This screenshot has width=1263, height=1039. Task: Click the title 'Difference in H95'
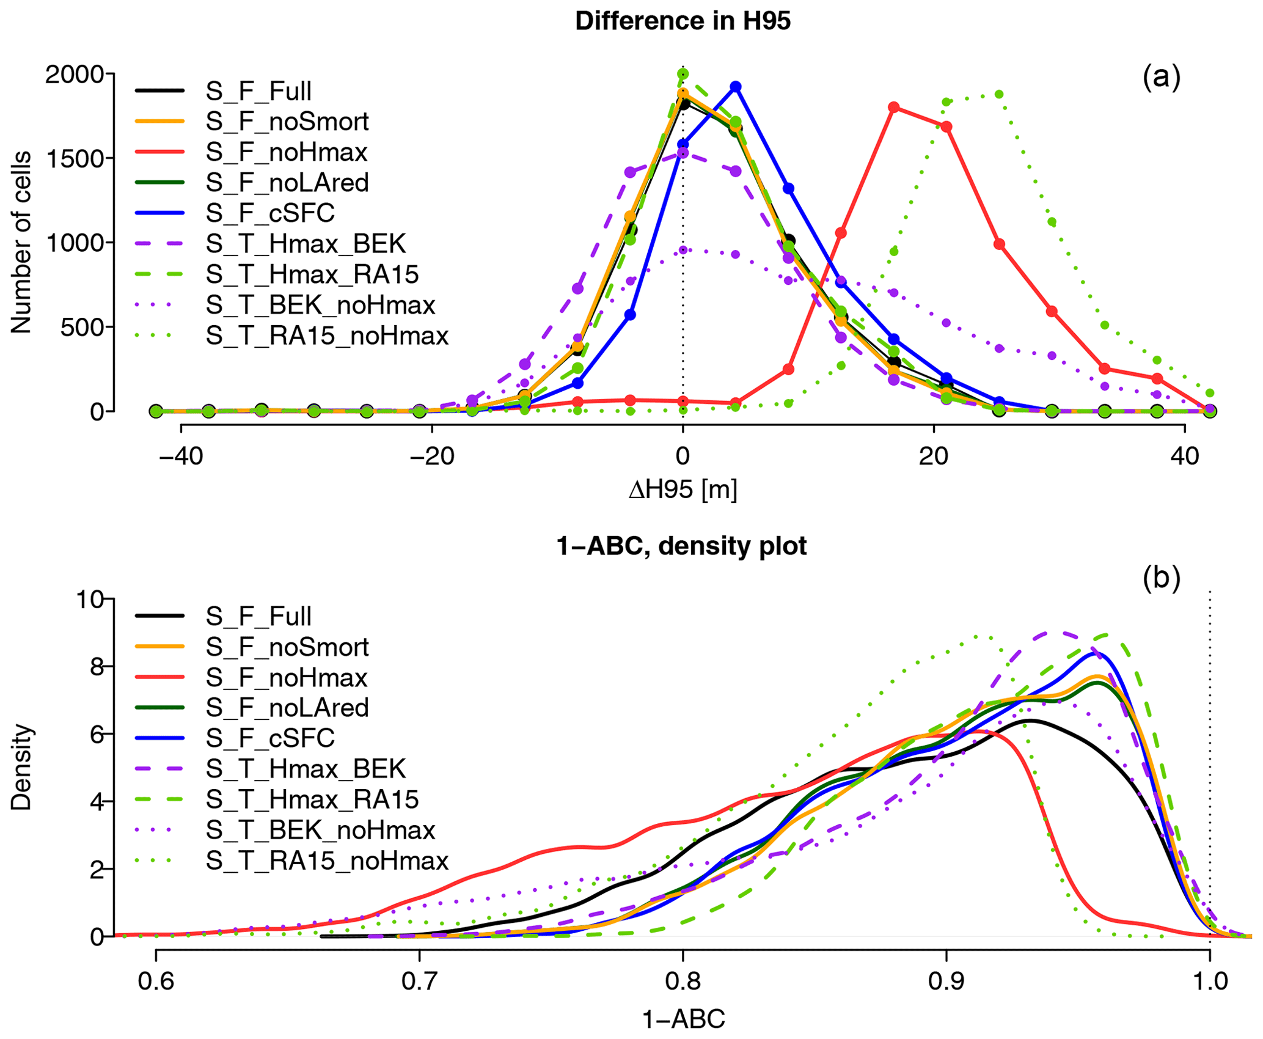point(683,21)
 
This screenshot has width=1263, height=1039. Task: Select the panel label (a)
point(1161,78)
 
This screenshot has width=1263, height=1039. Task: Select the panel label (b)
point(1161,578)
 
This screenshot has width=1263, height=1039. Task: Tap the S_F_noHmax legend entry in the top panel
point(286,152)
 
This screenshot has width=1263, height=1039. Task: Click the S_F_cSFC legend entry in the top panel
point(269,213)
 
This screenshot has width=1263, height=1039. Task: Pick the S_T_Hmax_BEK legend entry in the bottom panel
point(305,769)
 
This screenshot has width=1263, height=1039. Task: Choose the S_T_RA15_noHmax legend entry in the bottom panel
point(326,861)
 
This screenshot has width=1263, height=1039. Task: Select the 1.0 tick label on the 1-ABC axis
point(1210,981)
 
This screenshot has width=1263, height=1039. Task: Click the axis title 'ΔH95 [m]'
point(683,490)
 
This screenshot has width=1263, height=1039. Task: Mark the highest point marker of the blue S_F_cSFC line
point(736,87)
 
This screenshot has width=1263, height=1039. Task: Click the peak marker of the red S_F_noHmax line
point(894,108)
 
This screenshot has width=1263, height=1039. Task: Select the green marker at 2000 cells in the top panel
point(683,74)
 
